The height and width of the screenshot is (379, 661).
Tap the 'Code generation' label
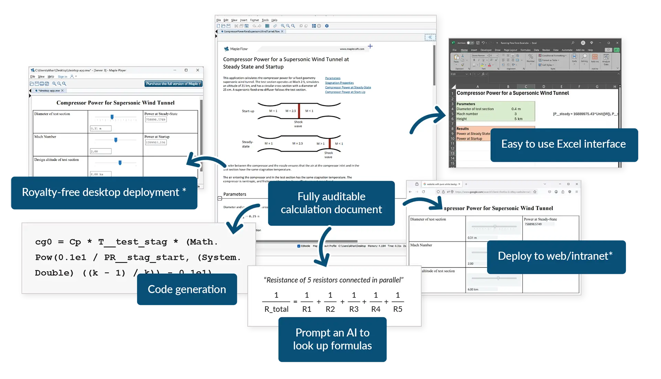[x=187, y=289]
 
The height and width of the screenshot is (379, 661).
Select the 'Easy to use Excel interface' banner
[x=563, y=144]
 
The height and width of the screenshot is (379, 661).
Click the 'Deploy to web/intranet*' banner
[x=555, y=256]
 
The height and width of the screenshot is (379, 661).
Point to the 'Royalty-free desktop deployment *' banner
[x=104, y=192]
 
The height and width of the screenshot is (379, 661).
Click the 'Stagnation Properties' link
[x=339, y=83]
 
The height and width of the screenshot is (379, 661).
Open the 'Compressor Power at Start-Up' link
[x=345, y=92]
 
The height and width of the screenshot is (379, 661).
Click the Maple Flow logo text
[x=239, y=49]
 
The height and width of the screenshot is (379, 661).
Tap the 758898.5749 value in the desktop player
[x=156, y=119]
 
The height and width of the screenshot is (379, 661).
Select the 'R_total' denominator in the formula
[x=276, y=309]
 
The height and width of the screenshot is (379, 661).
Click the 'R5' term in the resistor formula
[x=398, y=309]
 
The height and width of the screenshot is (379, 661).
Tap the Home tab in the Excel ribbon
[x=464, y=50]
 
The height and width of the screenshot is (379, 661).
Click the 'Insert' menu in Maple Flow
[x=243, y=20]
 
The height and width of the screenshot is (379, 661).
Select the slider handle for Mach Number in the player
[x=116, y=140]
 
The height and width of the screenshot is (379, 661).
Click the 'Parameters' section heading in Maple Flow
[x=235, y=194]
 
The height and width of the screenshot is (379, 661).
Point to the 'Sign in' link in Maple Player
[x=62, y=76]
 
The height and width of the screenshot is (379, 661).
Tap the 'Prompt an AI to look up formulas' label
[x=332, y=339]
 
